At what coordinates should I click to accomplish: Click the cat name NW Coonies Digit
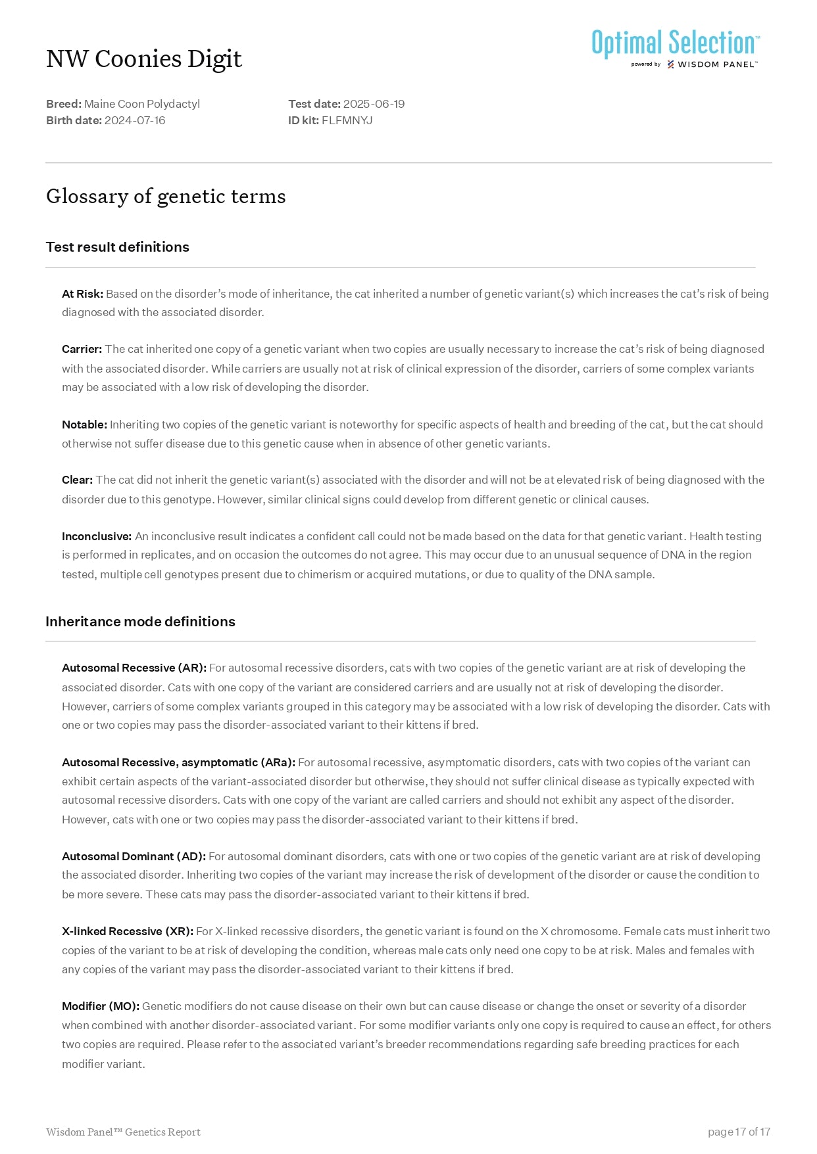144,59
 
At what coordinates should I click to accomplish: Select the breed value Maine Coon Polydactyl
141,104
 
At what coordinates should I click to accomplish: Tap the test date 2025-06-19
374,104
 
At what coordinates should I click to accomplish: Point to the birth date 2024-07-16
135,120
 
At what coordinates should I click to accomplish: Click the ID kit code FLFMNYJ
347,120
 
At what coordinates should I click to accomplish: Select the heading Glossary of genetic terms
166,196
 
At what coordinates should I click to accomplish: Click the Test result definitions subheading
117,247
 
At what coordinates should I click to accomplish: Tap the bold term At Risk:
82,294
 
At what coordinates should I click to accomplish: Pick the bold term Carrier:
82,349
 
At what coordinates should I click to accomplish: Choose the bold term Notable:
84,425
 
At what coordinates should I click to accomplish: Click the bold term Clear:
77,480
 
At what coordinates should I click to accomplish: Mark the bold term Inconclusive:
97,536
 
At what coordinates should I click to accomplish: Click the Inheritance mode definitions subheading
140,622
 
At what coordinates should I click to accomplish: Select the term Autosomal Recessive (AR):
134,668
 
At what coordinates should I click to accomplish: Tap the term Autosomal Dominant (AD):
134,856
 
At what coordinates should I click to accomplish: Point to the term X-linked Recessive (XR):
127,931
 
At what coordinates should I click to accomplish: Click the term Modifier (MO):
100,1006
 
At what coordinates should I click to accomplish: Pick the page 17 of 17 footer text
739,1132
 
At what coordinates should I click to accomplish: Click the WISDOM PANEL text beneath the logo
717,64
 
